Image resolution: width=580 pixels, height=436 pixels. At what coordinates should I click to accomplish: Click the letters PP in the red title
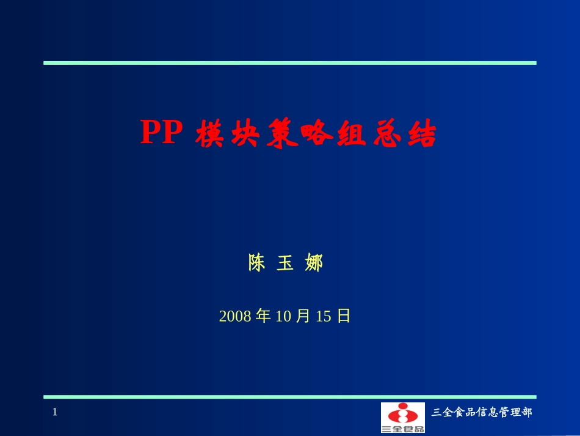click(x=162, y=133)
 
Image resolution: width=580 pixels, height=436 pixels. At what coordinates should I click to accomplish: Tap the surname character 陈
click(x=257, y=263)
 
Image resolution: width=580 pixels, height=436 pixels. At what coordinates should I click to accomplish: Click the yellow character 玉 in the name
click(x=285, y=263)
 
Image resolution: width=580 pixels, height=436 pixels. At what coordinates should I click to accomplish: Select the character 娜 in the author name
click(x=313, y=263)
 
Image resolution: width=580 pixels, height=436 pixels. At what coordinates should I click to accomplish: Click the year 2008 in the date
click(x=235, y=316)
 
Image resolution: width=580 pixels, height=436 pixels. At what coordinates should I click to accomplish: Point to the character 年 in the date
click(x=264, y=316)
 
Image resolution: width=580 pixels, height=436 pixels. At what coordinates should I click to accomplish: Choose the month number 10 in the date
click(x=285, y=316)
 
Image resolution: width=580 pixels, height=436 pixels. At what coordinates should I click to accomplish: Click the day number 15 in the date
click(x=324, y=316)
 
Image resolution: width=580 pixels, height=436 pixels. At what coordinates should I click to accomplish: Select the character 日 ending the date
click(x=344, y=316)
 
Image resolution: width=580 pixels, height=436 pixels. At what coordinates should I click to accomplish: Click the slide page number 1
click(x=54, y=412)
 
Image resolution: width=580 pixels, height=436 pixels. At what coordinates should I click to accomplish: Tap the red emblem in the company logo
click(x=402, y=413)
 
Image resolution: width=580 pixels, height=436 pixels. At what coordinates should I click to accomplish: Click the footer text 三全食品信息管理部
click(x=482, y=413)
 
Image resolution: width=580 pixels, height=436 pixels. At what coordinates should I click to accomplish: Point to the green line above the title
click(x=289, y=62)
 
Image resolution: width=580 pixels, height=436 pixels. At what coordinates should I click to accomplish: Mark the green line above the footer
click(x=289, y=397)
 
